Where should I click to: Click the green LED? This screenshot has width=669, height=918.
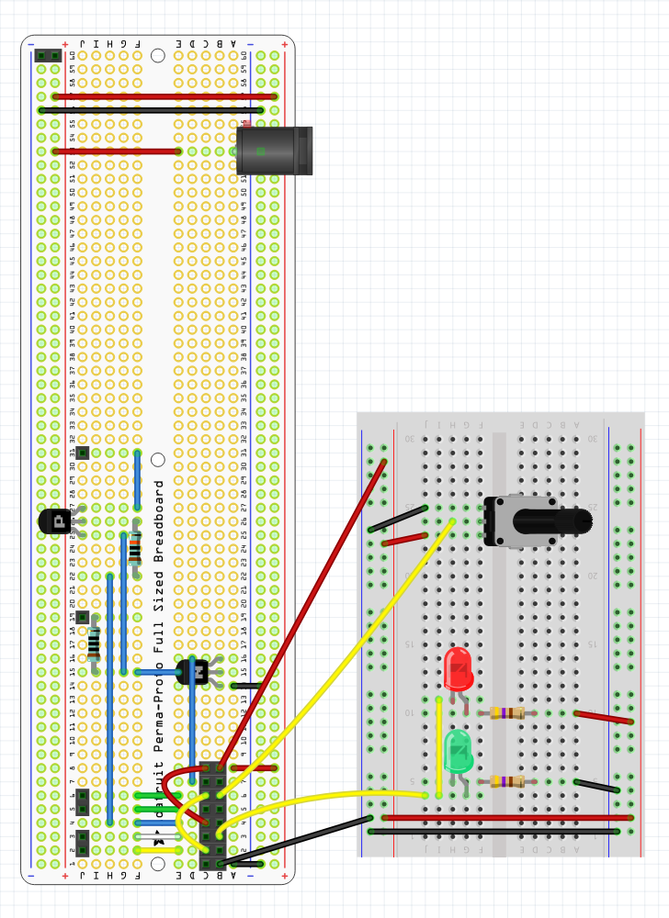click(x=458, y=751)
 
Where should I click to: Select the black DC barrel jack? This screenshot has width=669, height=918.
click(x=275, y=151)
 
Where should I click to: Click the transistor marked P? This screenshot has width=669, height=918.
click(x=56, y=521)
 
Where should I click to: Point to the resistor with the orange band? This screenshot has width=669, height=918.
click(x=135, y=551)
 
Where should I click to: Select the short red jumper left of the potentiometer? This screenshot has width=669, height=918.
click(x=404, y=540)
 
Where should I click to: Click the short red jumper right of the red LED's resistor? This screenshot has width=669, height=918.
click(x=603, y=717)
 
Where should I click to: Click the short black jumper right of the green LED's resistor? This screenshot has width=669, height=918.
click(x=596, y=785)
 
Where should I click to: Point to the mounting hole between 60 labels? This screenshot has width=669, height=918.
click(x=158, y=56)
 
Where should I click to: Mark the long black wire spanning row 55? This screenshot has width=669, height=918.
click(x=152, y=110)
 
